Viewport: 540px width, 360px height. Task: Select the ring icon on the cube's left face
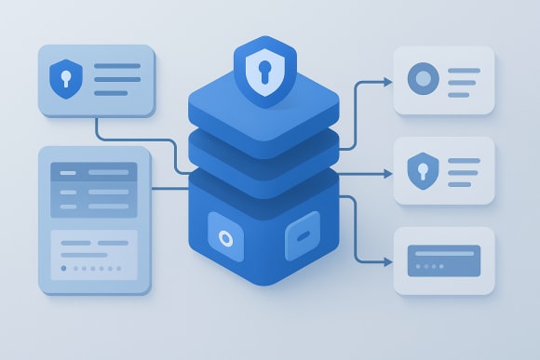coord(224,238)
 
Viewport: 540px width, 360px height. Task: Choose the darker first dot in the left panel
coord(63,267)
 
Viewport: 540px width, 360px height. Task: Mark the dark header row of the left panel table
coord(93,171)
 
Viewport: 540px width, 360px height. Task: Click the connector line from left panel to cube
coord(169,189)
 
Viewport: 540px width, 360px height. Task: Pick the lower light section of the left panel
coord(93,254)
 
